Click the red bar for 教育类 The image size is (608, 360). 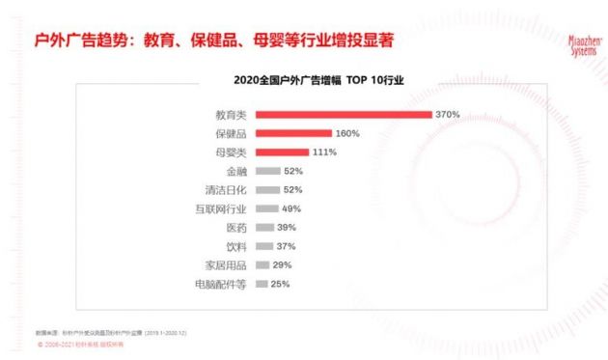click(x=343, y=115)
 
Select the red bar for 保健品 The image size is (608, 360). click(x=293, y=133)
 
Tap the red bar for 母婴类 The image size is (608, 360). click(x=282, y=152)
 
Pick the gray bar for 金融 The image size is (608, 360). click(x=267, y=171)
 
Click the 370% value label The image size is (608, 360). click(x=447, y=115)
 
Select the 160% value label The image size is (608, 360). click(x=347, y=133)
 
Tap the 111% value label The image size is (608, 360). click(x=324, y=152)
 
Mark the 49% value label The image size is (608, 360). click(x=292, y=208)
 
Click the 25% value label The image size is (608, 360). click(x=280, y=284)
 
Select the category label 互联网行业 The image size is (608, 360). click(x=221, y=208)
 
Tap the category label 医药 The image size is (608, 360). click(x=236, y=228)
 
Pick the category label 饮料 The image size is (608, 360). click(x=236, y=246)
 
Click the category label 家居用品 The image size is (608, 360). click(x=227, y=265)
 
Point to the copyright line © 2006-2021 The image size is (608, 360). click(x=90, y=344)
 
